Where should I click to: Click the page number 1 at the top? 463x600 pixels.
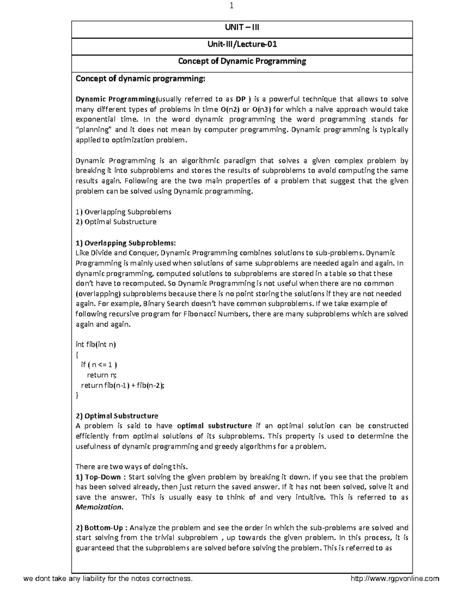pos(232,6)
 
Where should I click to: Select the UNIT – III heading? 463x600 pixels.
pos(242,27)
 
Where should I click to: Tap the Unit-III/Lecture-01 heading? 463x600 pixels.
pos(242,44)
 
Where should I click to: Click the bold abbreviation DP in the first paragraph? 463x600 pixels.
pos(241,99)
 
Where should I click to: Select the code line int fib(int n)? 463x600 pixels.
pos(96,344)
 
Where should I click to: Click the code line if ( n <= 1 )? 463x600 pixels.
pos(99,365)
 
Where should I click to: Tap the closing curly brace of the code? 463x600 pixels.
pos(77,395)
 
